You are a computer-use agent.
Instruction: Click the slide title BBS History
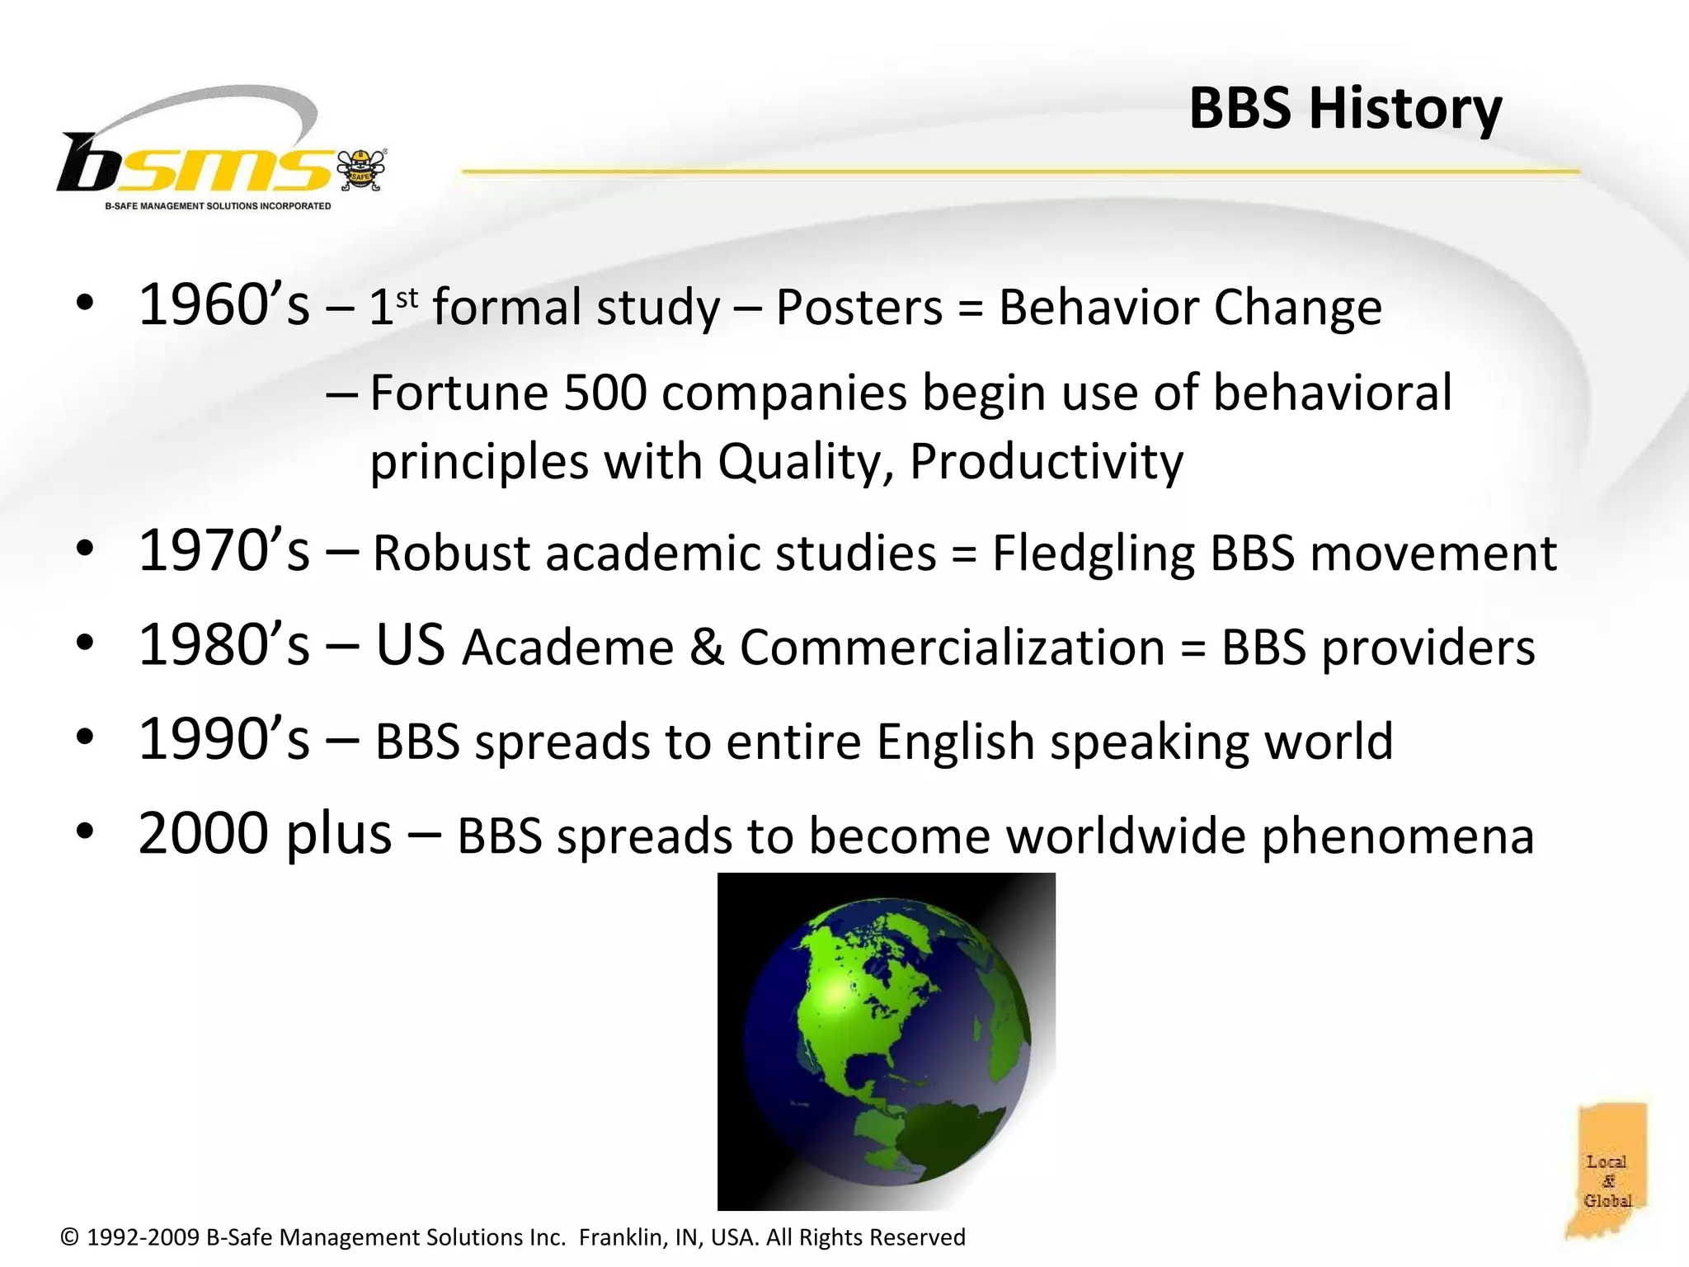1345,109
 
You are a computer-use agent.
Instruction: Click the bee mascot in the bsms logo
361,170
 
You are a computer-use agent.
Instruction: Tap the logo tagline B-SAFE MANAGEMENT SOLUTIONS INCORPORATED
218,206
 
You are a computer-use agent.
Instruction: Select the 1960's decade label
223,305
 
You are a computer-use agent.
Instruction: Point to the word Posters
859,308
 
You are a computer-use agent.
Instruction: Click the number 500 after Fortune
605,393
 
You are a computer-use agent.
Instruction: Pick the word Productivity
1046,462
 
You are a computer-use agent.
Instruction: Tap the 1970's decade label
223,551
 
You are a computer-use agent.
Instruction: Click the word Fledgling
1093,553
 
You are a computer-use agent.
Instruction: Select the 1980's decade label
223,645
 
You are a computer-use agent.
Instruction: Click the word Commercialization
952,648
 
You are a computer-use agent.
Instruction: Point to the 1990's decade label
223,740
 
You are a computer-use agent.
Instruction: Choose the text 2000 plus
265,834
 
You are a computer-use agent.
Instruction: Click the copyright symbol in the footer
70,1237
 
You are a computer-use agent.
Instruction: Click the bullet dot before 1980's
84,645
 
